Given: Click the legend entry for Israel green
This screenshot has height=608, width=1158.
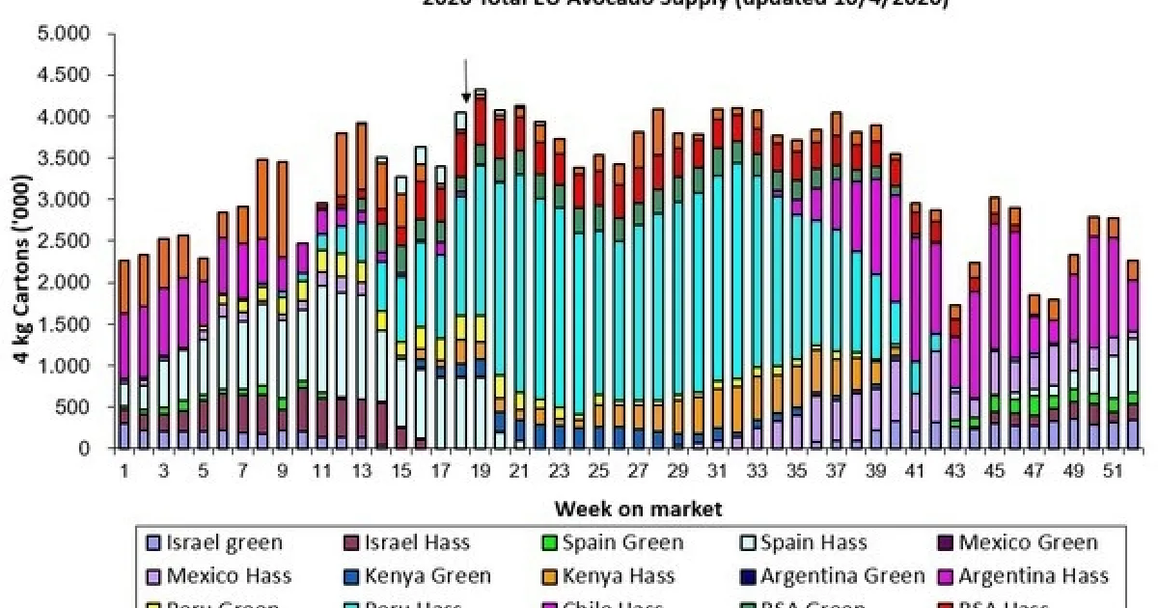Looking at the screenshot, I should pyautogui.click(x=221, y=543).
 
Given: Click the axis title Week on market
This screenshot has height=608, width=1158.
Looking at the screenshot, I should pyautogui.click(x=638, y=508).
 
